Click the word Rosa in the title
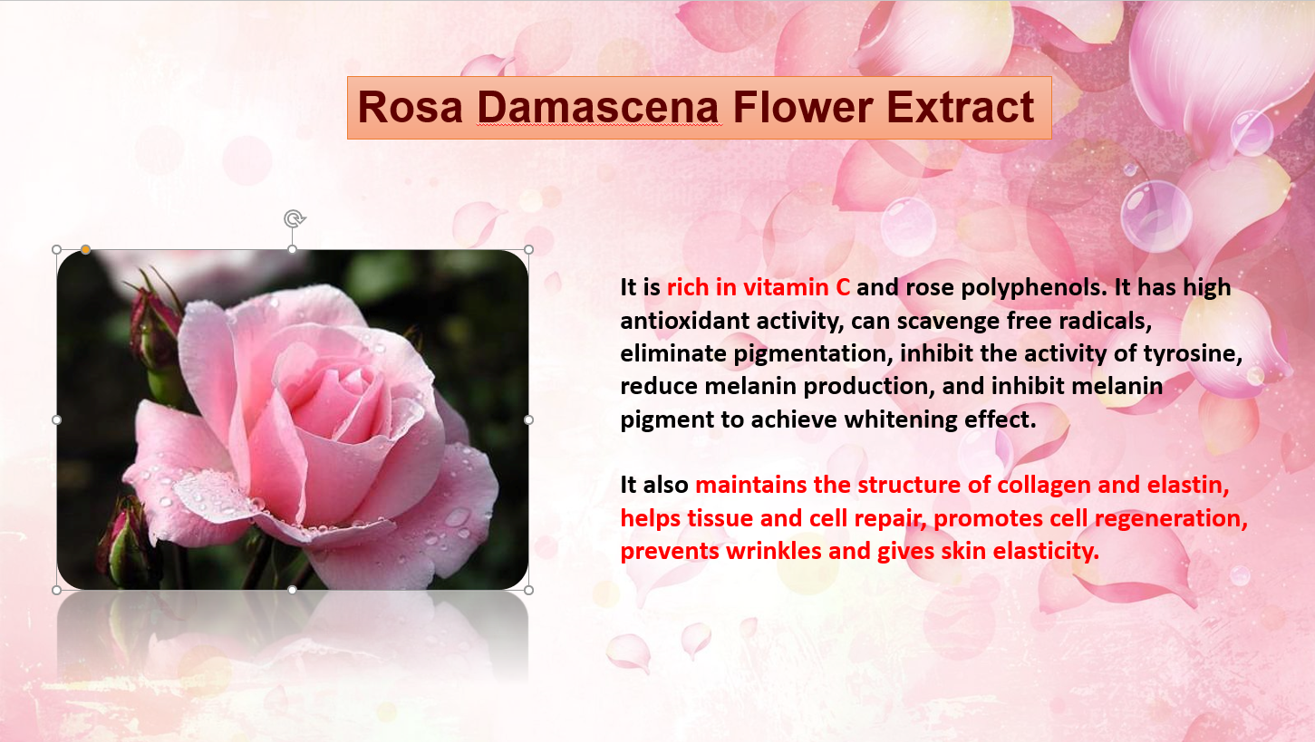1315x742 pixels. click(x=411, y=107)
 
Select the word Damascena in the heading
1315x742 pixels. click(x=598, y=107)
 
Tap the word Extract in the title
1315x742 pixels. click(x=961, y=107)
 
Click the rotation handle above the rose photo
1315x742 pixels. click(x=295, y=219)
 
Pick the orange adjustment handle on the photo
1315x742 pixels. click(x=86, y=249)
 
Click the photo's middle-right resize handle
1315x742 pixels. click(x=528, y=419)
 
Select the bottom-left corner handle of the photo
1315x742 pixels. click(x=57, y=590)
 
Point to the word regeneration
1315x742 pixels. click(x=1171, y=519)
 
